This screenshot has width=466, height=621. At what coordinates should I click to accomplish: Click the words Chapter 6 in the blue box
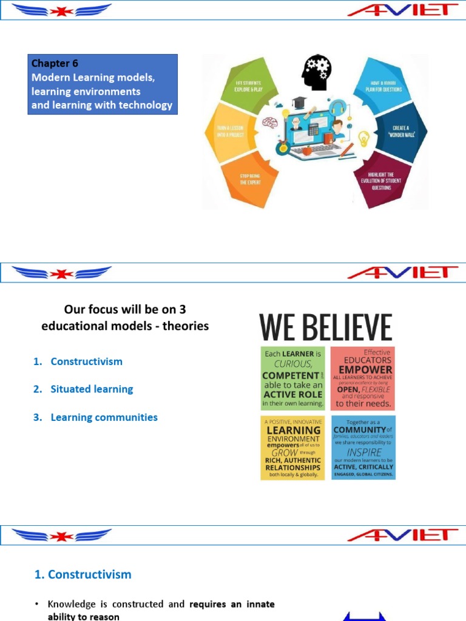pyautogui.click(x=55, y=64)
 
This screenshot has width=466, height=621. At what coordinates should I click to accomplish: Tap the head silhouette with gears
pyautogui.click(x=317, y=73)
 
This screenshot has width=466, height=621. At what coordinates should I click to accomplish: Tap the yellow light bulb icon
pyautogui.click(x=365, y=137)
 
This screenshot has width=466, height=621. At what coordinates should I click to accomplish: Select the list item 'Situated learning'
pyautogui.click(x=92, y=389)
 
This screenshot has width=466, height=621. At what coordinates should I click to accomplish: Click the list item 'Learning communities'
pyautogui.click(x=104, y=417)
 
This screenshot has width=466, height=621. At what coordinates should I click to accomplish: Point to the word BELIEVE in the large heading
pyautogui.click(x=349, y=327)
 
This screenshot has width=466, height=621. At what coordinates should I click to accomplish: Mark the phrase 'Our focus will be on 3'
pyautogui.click(x=124, y=309)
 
